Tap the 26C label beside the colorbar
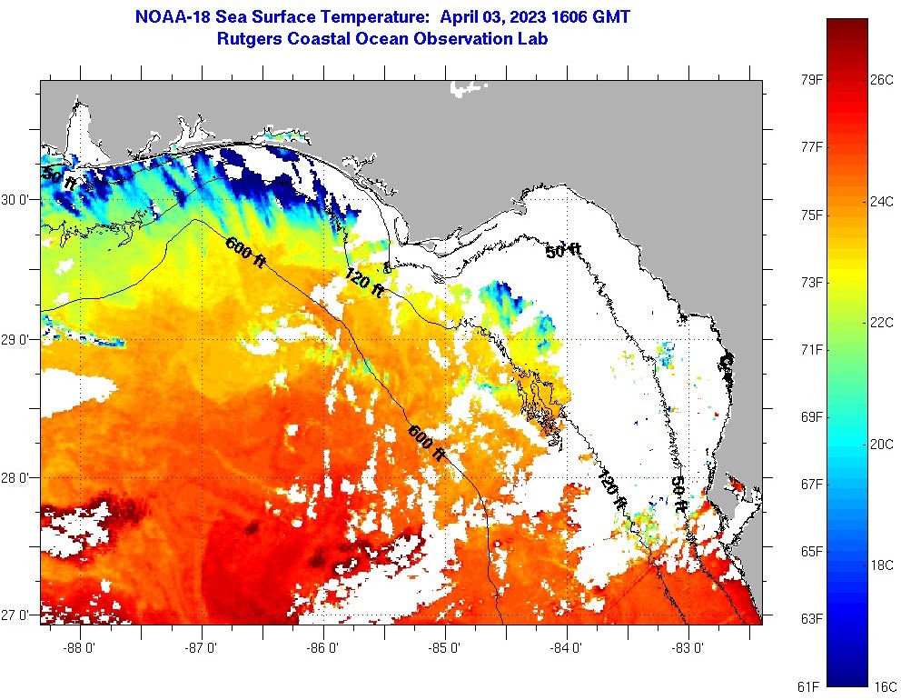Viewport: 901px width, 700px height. [882, 80]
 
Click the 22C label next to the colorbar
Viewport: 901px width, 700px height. [882, 322]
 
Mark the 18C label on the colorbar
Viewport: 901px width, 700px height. [882, 565]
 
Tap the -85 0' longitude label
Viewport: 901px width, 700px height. [446, 648]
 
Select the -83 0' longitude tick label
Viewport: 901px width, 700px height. [689, 648]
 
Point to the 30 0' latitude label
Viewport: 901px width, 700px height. [18, 198]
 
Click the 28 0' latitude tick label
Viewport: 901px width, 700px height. [18, 477]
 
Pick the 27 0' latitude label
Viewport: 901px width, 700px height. [18, 615]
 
